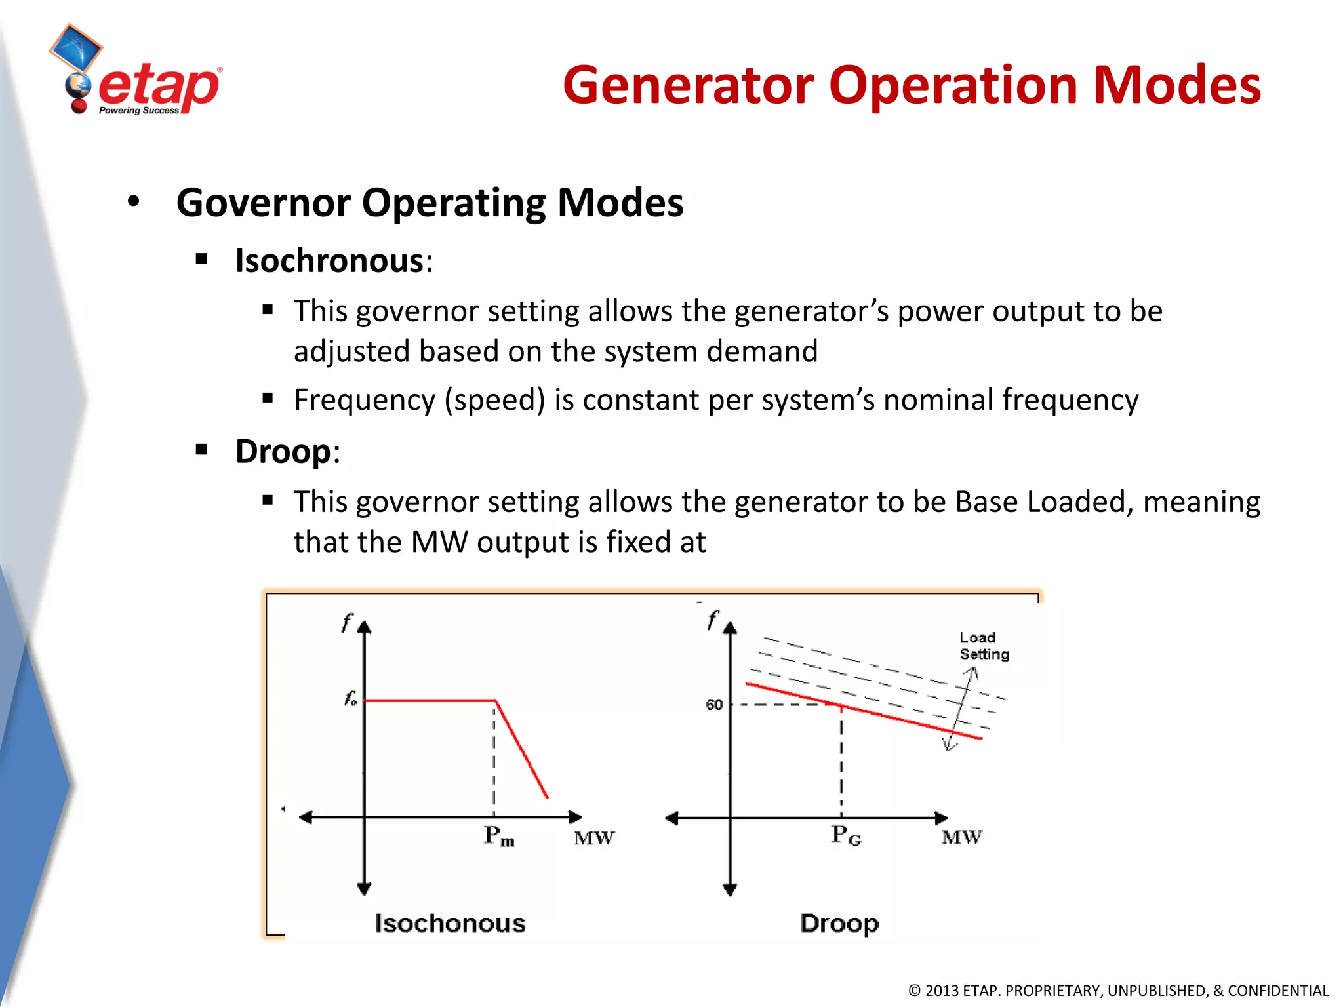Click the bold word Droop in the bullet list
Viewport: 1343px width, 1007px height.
coord(283,452)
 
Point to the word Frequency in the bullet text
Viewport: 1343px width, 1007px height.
coord(364,400)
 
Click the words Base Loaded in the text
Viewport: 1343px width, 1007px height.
coord(1043,502)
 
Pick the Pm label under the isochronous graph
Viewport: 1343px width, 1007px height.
coord(498,836)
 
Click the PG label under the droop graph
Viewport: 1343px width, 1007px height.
coord(845,835)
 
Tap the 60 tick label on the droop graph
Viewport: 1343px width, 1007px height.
coord(713,705)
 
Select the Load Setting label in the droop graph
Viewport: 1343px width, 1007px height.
coord(983,646)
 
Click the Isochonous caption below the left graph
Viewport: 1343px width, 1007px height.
coord(450,923)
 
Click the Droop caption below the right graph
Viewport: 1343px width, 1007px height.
coord(839,923)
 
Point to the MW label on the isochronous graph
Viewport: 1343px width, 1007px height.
coord(594,839)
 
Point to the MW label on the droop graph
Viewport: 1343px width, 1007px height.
coord(961,837)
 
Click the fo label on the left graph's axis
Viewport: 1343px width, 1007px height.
coord(350,699)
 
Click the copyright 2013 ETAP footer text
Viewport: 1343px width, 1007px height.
coord(1118,991)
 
